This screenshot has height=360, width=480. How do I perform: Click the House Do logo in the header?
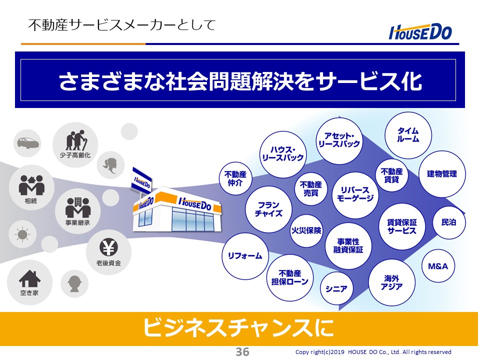pos(420,32)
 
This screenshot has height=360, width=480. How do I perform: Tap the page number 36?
pos(242,351)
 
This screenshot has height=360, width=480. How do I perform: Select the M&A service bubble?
pos(438,266)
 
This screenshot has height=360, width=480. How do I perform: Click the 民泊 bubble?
pos(449,222)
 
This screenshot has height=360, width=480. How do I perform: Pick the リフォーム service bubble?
pos(245,256)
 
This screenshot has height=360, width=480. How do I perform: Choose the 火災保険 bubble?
pos(306,230)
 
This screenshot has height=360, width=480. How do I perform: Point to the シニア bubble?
pos(336,288)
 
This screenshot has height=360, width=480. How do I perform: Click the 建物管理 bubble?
pos(441,174)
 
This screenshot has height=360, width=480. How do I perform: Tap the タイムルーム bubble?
pos(408,135)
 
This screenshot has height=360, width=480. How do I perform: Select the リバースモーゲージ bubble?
pos(355,194)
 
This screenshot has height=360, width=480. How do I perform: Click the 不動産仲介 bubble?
pos(235,178)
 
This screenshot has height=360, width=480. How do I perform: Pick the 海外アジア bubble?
pos(391,282)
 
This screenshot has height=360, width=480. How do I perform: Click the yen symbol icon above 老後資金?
pos(108,247)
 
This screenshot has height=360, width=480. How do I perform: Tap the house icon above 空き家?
pos(29,278)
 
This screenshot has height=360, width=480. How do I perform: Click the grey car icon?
pos(27,142)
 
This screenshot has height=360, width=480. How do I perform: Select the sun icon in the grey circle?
pos(22,235)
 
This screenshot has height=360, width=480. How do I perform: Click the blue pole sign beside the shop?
pos(141,181)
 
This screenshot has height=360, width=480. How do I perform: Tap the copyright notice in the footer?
pos(373,352)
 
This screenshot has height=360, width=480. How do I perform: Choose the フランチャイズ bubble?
pos(268,209)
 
